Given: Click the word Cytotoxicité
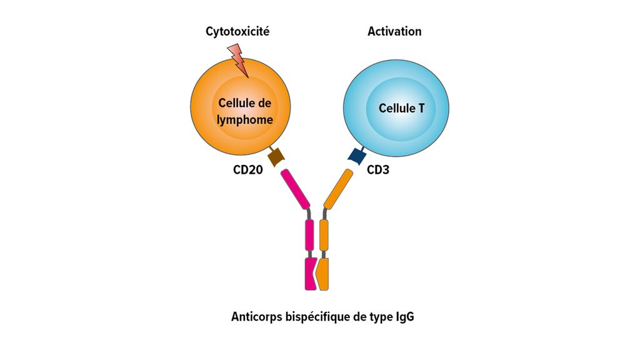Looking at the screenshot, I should coord(237,31).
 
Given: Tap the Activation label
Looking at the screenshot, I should coord(394,31).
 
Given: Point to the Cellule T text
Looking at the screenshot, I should coord(401,108).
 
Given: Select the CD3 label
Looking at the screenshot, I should coord(378,169).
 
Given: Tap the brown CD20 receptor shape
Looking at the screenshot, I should coord(276,158).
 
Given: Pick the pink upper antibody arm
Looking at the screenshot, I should coord(296,189).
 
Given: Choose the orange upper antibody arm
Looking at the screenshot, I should coord(337,188).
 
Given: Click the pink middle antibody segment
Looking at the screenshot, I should coord(309,234).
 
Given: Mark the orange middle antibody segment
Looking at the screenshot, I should coord(324,234).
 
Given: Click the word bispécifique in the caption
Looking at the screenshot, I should coord(316,317).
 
